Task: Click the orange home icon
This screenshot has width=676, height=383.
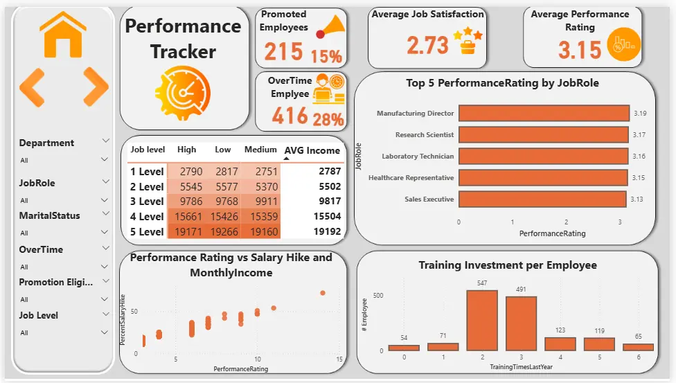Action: click(x=63, y=36)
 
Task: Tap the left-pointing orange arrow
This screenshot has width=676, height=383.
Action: click(x=32, y=87)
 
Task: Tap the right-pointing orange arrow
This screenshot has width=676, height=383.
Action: click(x=95, y=87)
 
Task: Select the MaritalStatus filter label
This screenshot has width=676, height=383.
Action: click(x=49, y=215)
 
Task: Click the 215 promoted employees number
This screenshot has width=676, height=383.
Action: click(x=283, y=51)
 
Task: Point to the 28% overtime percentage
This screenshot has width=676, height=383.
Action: click(x=328, y=118)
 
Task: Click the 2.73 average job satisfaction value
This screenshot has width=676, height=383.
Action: click(x=427, y=45)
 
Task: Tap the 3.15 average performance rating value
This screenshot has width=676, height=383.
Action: click(x=580, y=50)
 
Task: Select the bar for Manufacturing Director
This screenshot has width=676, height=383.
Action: click(x=544, y=113)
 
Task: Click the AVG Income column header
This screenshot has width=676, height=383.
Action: click(x=313, y=150)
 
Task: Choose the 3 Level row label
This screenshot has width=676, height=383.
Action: click(x=147, y=202)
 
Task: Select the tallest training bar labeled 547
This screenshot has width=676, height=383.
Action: click(x=482, y=320)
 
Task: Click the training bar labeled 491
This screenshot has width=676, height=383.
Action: click(x=521, y=323)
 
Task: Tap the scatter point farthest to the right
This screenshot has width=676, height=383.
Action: click(x=322, y=293)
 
